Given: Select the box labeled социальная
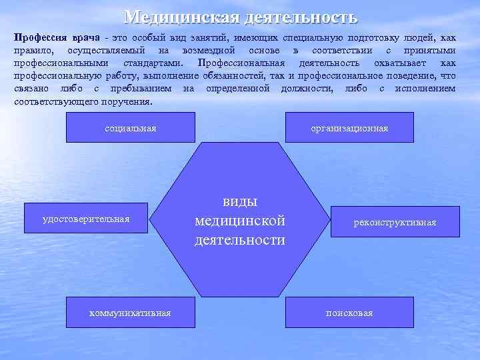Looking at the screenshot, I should tap(131, 127).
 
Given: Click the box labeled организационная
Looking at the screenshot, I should tap(349, 127).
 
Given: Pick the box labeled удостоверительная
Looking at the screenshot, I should tap(86, 219).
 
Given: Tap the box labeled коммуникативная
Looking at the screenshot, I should tap(131, 312).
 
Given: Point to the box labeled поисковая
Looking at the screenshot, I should tap(349, 312).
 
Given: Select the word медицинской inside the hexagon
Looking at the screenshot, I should tap(240, 221).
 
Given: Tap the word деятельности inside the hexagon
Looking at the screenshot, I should tap(240, 239).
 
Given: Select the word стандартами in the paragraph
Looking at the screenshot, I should tap(155, 63).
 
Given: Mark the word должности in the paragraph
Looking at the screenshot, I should tap(309, 89).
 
